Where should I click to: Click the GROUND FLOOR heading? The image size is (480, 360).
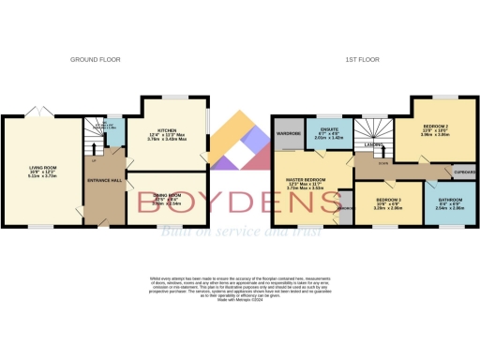(93, 58)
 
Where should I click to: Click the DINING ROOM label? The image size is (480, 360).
(167, 195)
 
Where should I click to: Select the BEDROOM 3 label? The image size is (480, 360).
(388, 201)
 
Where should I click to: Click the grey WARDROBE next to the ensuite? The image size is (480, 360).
(288, 133)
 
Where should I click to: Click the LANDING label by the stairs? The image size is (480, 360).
(371, 145)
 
